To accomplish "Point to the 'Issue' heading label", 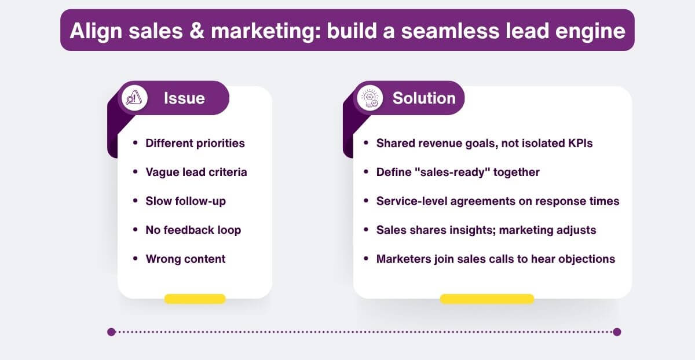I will [x=184, y=98].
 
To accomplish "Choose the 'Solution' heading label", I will [x=424, y=98].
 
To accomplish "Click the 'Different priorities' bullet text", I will [x=195, y=143].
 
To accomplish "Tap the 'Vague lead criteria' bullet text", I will [x=196, y=172].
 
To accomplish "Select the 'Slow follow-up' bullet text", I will [x=186, y=201].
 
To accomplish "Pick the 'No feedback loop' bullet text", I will [x=193, y=230].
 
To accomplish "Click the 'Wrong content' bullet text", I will [x=185, y=259].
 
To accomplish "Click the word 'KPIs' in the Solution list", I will [x=577, y=143].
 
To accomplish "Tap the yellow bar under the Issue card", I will [x=195, y=299].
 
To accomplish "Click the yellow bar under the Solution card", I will [x=487, y=299].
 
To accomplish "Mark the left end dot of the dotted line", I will [x=112, y=332].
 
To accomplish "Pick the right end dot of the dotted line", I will [x=617, y=332].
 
